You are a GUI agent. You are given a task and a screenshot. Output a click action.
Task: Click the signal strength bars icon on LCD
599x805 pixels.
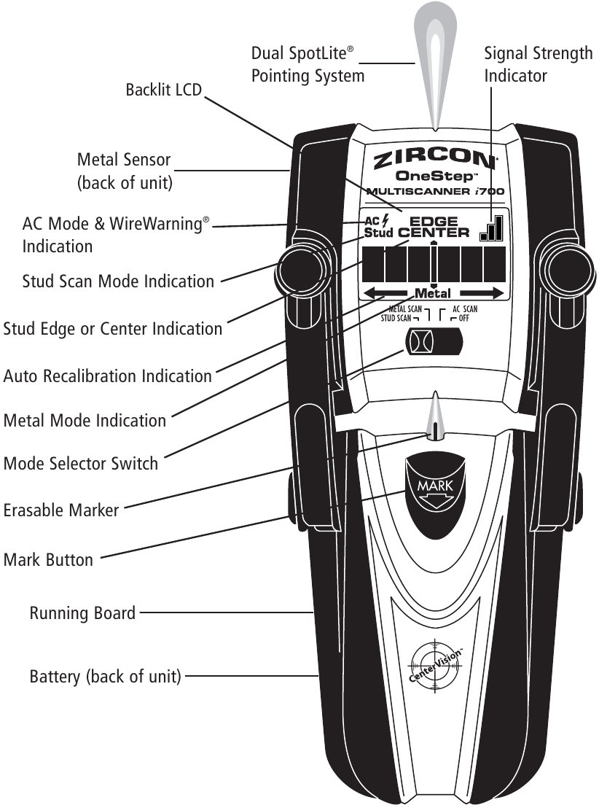(492, 228)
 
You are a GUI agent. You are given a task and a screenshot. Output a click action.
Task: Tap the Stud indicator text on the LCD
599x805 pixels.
(378, 233)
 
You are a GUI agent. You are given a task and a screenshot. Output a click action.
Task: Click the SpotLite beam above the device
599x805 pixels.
(434, 58)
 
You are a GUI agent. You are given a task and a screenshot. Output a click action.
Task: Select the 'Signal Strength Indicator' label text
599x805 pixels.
(538, 65)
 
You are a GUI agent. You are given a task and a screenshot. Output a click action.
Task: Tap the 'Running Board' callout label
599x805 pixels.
(82, 613)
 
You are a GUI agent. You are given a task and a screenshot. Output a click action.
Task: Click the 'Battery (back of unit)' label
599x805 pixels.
(105, 677)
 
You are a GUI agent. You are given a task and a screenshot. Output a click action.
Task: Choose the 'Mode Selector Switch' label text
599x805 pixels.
(81, 464)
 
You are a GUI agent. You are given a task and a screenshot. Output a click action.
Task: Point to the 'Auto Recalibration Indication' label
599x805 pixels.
(108, 376)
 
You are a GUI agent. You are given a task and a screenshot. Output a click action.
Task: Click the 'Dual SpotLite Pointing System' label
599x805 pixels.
(308, 64)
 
